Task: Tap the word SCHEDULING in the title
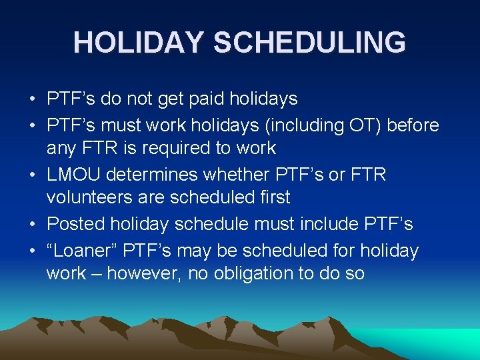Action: click(x=309, y=42)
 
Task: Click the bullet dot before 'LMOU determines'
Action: click(x=32, y=175)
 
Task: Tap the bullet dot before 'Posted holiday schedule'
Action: click(x=32, y=225)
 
